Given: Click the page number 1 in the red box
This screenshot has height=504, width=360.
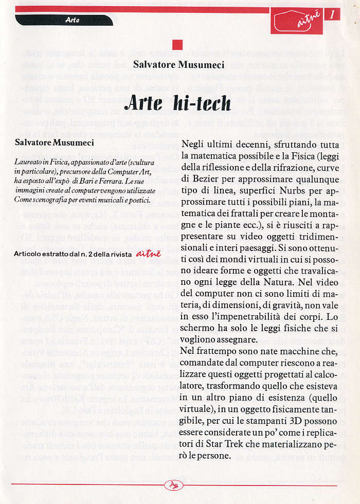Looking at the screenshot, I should [x=332, y=14].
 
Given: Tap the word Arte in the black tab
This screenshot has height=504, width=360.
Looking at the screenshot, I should [x=72, y=20].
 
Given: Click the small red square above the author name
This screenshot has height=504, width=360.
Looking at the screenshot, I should [x=177, y=45].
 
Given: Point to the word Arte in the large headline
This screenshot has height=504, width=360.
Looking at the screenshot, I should [x=143, y=103].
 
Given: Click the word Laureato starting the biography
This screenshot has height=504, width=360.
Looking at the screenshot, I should [x=29, y=161].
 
